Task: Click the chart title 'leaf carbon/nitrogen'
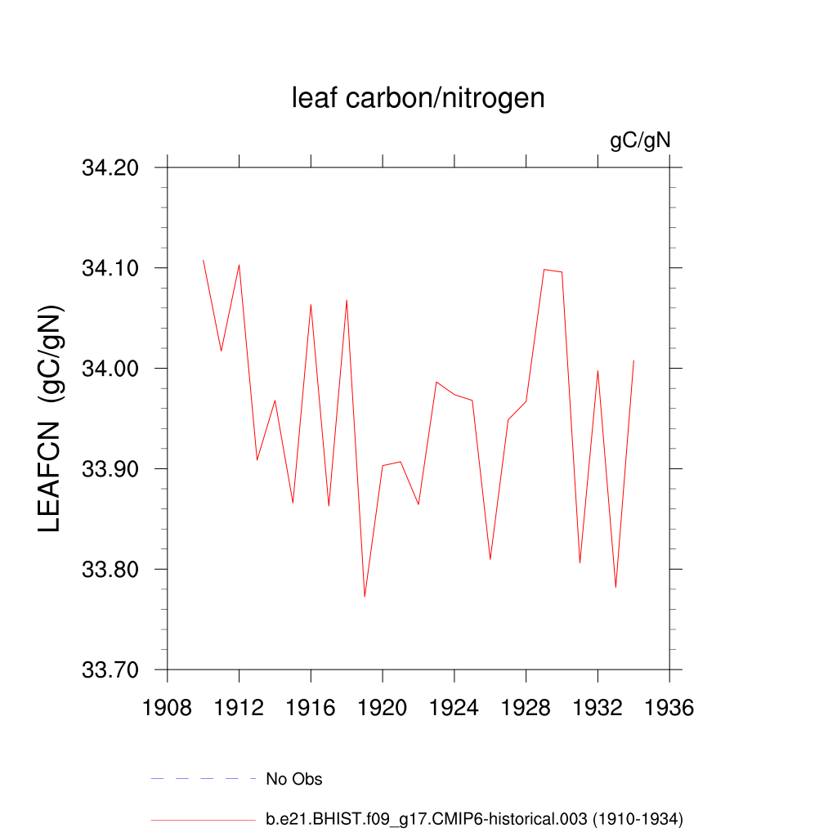coord(418,98)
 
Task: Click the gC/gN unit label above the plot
coord(640,141)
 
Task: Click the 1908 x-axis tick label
coord(168,708)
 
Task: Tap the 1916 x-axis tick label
coord(311,708)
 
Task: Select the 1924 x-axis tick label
coord(454,708)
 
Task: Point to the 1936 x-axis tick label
coord(669,708)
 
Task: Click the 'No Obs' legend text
coord(294,779)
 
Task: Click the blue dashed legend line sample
coord(204,779)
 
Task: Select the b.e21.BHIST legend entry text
coord(474,818)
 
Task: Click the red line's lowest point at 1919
coord(365,597)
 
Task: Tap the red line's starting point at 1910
coord(204,260)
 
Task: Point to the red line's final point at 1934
coord(633,360)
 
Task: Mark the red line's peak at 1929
coord(544,269)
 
